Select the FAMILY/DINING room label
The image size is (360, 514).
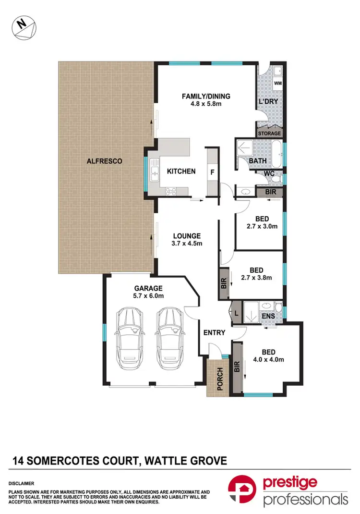206,96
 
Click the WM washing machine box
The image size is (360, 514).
277,84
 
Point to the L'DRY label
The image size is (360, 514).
269,102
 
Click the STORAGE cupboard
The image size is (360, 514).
269,133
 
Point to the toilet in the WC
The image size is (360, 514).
275,178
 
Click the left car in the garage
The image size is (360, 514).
130,334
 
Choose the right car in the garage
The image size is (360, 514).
169,334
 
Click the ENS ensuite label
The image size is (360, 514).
268,317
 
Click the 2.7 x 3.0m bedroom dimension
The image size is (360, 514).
262,226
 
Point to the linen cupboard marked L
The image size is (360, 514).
236,313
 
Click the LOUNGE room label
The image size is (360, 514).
187,236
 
